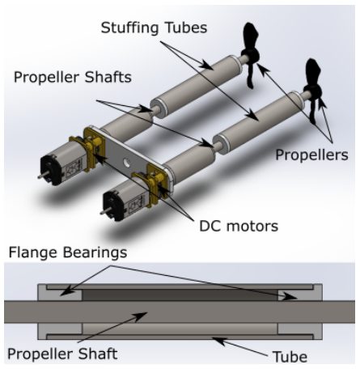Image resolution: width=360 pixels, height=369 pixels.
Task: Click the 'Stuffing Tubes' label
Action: (x=154, y=28)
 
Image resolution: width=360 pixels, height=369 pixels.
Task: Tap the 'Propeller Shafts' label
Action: (x=73, y=77)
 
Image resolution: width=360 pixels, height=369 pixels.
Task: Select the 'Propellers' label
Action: (x=311, y=155)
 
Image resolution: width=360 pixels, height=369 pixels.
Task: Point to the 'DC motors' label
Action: (x=239, y=226)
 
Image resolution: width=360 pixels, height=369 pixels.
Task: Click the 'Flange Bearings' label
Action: (x=68, y=252)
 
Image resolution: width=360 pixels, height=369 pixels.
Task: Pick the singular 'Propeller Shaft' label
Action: (x=62, y=354)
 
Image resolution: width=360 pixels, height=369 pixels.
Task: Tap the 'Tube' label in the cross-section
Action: (x=290, y=357)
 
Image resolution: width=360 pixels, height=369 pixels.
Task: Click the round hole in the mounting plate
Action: (x=126, y=163)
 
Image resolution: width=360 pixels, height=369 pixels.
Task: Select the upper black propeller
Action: (x=250, y=55)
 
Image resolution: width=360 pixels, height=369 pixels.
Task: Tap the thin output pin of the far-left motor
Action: (x=41, y=176)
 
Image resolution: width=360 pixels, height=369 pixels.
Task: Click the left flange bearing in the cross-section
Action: (x=60, y=294)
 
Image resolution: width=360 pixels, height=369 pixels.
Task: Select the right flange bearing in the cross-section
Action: (x=300, y=294)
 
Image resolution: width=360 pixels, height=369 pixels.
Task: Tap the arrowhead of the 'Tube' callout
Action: (x=218, y=341)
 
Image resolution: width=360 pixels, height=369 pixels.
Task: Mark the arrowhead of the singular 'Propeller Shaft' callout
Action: (x=140, y=316)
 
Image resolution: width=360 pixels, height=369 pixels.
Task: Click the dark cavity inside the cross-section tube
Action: (x=180, y=295)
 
